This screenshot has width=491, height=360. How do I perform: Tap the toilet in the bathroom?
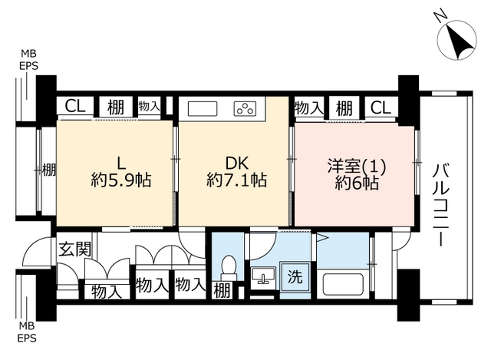pyautogui.click(x=229, y=268)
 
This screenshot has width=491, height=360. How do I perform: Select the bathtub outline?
pyautogui.click(x=343, y=285)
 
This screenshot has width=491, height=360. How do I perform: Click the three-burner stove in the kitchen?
pyautogui.click(x=245, y=109)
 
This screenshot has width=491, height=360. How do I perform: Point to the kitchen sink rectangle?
pyautogui.click(x=203, y=109)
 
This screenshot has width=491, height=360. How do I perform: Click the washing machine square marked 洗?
pyautogui.click(x=295, y=277)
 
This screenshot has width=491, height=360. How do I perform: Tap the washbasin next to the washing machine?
pyautogui.click(x=262, y=276)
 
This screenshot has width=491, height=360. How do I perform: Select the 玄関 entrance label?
pyautogui.click(x=75, y=249)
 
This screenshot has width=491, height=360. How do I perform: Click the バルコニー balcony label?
pyautogui.click(x=441, y=206)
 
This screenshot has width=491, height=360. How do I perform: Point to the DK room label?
pyautogui.click(x=237, y=163)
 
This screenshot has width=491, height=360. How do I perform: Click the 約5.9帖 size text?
pyautogui.click(x=121, y=180)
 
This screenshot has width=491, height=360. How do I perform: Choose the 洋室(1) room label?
pyautogui.click(x=356, y=166)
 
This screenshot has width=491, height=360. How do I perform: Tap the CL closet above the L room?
pyautogui.click(x=75, y=107)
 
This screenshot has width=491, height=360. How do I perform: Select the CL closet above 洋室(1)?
pyautogui.click(x=381, y=108)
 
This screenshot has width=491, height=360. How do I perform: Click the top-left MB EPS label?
pyautogui.click(x=29, y=60)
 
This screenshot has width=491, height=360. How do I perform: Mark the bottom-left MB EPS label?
pyautogui.click(x=28, y=332)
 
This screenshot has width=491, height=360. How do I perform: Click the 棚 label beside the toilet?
pyautogui.click(x=222, y=291)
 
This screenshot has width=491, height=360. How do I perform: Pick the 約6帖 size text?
pyautogui.click(x=357, y=183)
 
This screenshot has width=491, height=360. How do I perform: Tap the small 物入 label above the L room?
pyautogui.click(x=150, y=106)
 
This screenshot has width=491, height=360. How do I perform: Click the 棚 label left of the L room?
pyautogui.click(x=49, y=170)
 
